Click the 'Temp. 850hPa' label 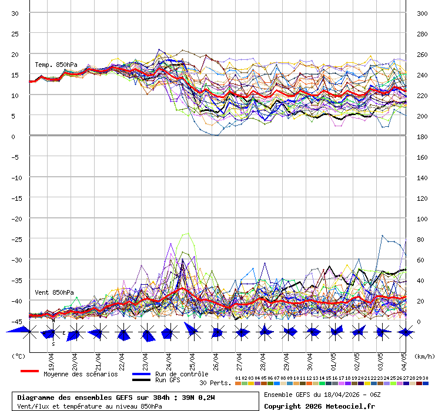[x=56, y=65]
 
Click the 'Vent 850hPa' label [x=54, y=292]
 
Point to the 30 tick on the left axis [x=15, y=13]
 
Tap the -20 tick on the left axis [x=15, y=218]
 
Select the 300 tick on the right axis [x=422, y=13]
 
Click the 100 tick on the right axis [x=422, y=218]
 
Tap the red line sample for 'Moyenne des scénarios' [x=29, y=371]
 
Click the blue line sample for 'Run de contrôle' [x=141, y=374]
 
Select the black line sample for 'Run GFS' [x=141, y=380]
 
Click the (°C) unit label [x=19, y=356]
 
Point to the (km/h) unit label [x=423, y=356]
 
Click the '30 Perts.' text [x=215, y=383]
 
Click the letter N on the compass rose [x=53, y=321]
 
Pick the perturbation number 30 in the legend [x=425, y=378]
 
